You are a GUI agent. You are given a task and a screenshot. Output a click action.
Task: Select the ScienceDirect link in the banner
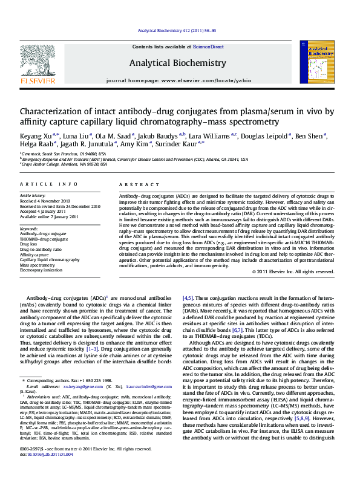(208, 47)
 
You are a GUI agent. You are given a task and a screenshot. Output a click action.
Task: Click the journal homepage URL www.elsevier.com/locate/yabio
(205, 80)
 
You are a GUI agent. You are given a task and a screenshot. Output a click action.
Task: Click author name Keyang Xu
(36, 136)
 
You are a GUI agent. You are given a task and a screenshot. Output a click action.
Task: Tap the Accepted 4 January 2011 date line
(45, 210)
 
